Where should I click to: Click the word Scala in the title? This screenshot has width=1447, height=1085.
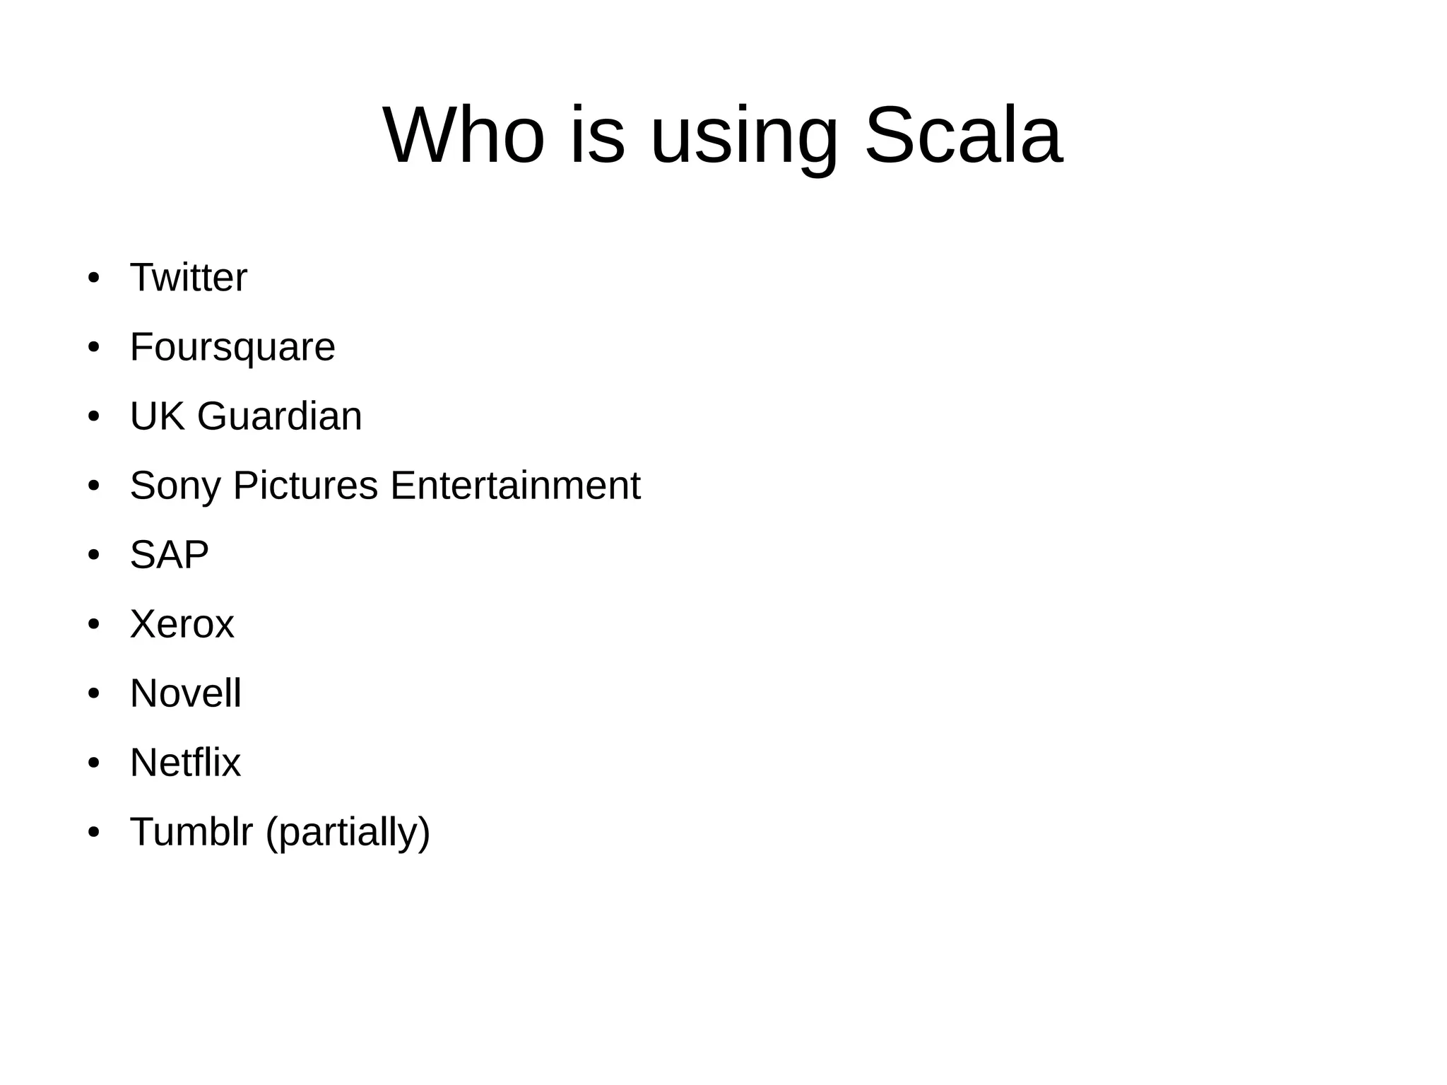pos(963,135)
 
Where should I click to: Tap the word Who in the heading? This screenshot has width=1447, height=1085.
pos(463,135)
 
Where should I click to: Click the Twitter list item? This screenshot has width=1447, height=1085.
pos(189,277)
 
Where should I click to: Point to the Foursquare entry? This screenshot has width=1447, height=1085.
pos(232,347)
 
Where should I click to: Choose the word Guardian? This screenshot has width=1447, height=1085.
pos(279,416)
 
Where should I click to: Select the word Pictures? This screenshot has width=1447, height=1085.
pos(305,486)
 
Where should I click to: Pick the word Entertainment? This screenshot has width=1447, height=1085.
pos(515,486)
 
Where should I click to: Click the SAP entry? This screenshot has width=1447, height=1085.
pos(170,555)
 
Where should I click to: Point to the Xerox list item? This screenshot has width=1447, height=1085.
pos(182,624)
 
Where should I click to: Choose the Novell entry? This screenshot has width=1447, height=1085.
pos(186,693)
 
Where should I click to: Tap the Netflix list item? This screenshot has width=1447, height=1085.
pos(185,763)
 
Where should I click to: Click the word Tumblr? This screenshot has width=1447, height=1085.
pos(191,832)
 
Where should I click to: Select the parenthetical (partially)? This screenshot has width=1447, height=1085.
pos(348,832)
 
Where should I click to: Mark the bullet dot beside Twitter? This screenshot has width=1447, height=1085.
pos(93,278)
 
